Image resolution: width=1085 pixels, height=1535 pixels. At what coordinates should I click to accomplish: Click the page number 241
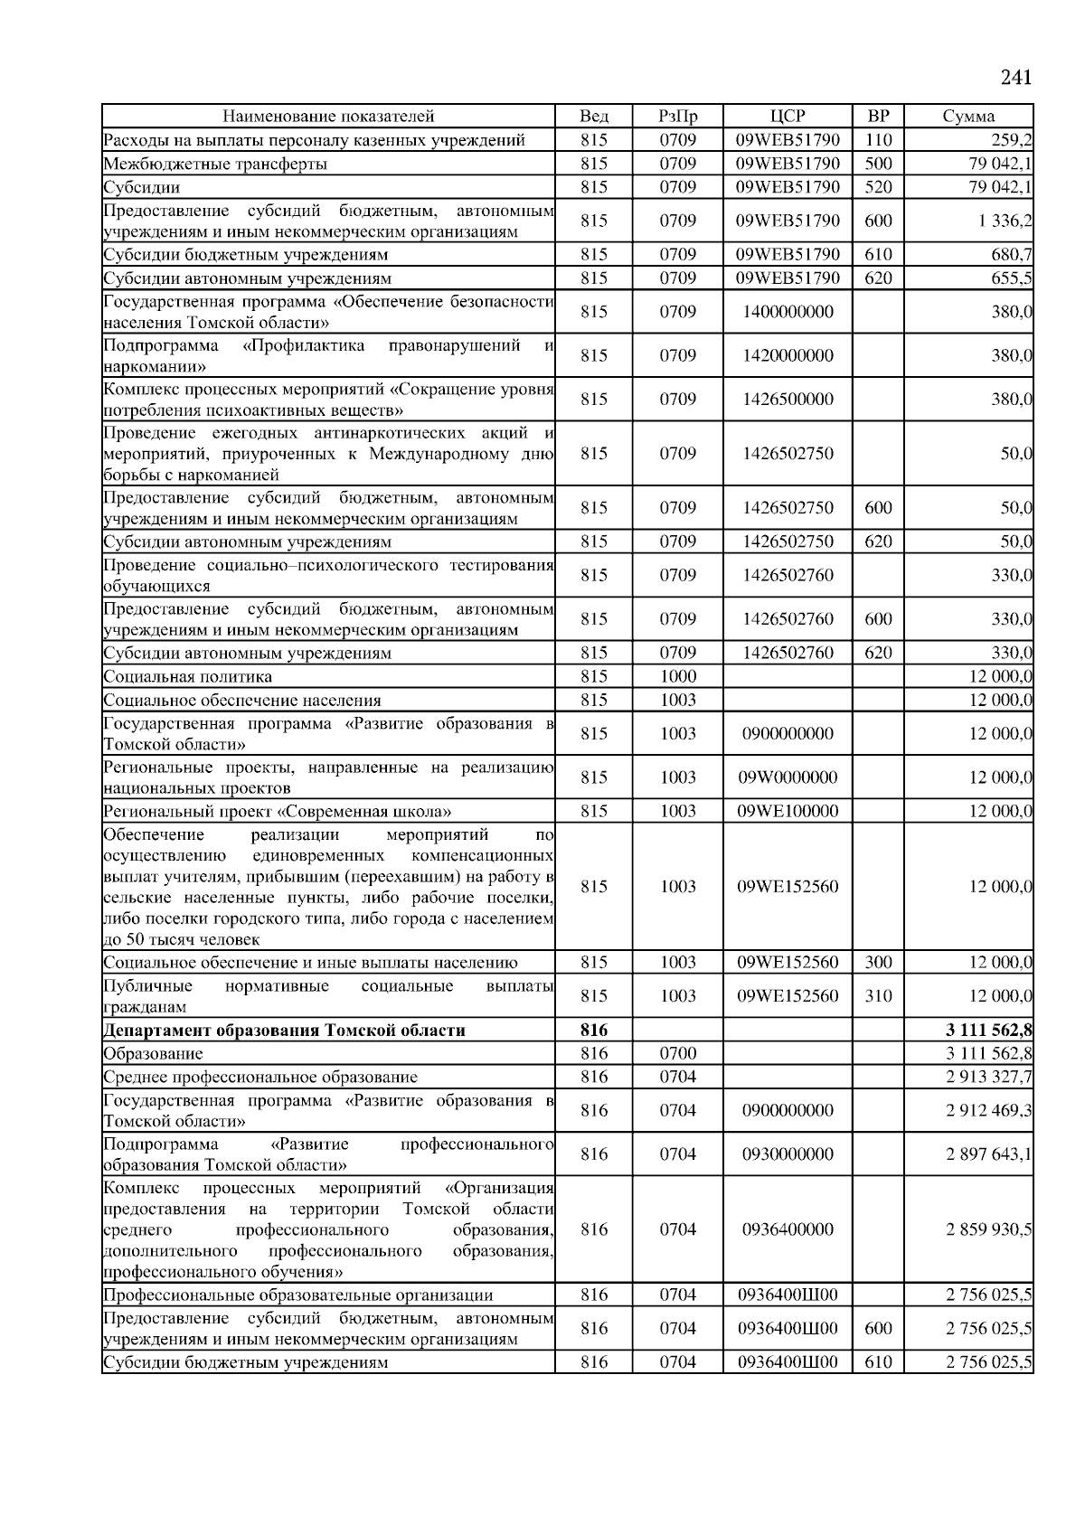click(x=1015, y=78)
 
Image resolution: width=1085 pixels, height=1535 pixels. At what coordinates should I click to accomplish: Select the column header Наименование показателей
click(x=328, y=116)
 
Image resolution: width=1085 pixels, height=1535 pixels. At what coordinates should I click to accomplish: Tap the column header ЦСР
click(x=788, y=116)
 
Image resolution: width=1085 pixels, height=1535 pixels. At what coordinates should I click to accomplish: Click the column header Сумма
click(x=968, y=116)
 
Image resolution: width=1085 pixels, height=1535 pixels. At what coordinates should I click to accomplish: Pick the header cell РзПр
click(x=677, y=116)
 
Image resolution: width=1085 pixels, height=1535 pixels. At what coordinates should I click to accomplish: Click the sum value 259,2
click(x=1012, y=140)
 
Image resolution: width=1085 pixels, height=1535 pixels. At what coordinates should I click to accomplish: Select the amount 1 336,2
click(x=1005, y=221)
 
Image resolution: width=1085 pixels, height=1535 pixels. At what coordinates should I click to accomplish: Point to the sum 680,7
click(x=1012, y=255)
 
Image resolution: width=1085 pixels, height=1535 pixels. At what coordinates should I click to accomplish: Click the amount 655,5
click(x=1012, y=278)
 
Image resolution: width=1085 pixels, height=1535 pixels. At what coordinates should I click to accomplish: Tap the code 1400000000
click(x=788, y=312)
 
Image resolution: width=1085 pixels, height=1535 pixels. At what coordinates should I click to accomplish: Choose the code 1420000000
click(x=788, y=355)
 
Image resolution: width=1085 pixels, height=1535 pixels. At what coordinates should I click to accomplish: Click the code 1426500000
click(x=788, y=399)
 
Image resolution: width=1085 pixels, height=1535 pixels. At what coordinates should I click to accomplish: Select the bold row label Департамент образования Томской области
click(x=284, y=1031)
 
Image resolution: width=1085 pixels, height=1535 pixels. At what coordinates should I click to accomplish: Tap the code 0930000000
click(x=788, y=1154)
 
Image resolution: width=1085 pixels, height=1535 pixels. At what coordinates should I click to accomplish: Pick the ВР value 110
click(x=878, y=140)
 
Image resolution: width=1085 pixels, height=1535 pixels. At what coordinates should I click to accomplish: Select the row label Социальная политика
click(x=188, y=676)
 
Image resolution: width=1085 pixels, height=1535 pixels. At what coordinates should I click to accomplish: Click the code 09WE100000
click(x=788, y=811)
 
